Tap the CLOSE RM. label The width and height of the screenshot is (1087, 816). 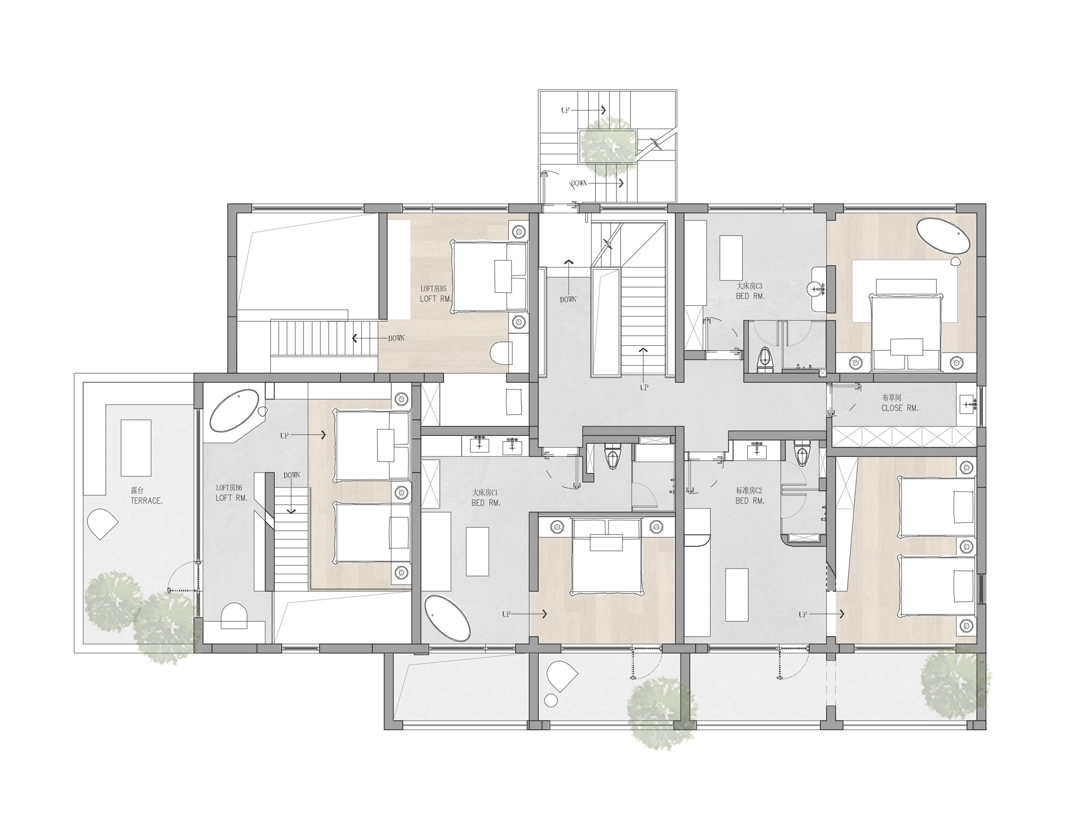click(x=899, y=403)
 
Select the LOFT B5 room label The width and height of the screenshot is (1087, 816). click(x=435, y=294)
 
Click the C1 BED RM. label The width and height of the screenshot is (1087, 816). click(x=486, y=497)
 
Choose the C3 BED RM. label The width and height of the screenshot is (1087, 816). click(x=750, y=291)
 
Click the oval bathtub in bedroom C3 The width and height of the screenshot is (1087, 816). click(x=943, y=236)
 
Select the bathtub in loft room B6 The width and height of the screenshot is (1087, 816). click(x=234, y=411)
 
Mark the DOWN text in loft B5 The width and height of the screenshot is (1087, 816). click(x=396, y=338)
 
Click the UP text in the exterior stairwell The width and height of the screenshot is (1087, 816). click(x=565, y=110)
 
